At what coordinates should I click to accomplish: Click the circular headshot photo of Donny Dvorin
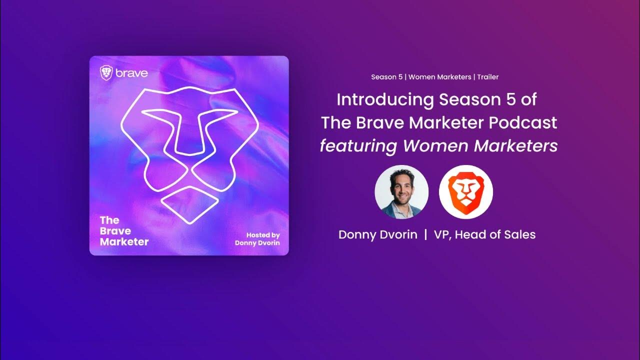pyautogui.click(x=401, y=192)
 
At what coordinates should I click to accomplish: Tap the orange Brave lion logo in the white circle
pyautogui.click(x=466, y=192)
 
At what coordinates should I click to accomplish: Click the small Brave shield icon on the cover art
pyautogui.click(x=106, y=73)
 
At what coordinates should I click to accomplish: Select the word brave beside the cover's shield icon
pyautogui.click(x=131, y=73)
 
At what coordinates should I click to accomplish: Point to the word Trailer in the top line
pyautogui.click(x=487, y=77)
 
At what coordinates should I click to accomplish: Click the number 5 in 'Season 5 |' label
pyautogui.click(x=401, y=77)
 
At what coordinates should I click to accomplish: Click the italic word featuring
pyautogui.click(x=358, y=146)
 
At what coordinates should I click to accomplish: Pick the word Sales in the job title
pyautogui.click(x=519, y=234)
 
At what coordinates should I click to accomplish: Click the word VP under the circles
pyautogui.click(x=440, y=234)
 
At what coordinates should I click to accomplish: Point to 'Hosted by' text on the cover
pyautogui.click(x=263, y=235)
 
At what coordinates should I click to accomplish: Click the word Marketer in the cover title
pyautogui.click(x=124, y=242)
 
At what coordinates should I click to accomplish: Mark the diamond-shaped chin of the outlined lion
pyautogui.click(x=190, y=204)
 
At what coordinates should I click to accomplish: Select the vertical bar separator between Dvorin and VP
pyautogui.click(x=425, y=234)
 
